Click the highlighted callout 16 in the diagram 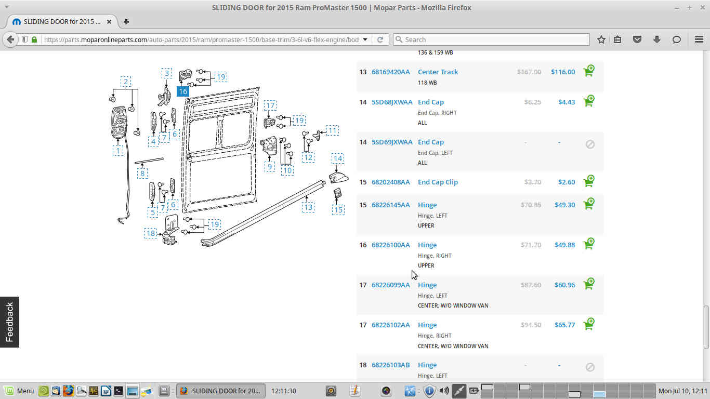click(x=183, y=91)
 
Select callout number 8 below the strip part click(x=142, y=174)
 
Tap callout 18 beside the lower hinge click(x=151, y=233)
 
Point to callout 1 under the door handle click(x=118, y=151)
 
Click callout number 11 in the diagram click(x=333, y=130)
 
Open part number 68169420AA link click(x=390, y=72)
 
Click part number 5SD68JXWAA click(x=392, y=102)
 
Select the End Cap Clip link click(x=438, y=182)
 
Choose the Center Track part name click(x=438, y=72)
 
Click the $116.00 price click(x=563, y=72)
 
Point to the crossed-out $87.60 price click(x=531, y=285)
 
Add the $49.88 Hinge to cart click(x=589, y=244)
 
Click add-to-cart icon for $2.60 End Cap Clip click(x=589, y=181)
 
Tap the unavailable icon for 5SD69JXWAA click(x=590, y=144)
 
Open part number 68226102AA click(x=390, y=325)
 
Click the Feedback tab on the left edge click(x=9, y=322)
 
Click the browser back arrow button click(x=10, y=39)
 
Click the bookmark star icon click(x=601, y=39)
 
